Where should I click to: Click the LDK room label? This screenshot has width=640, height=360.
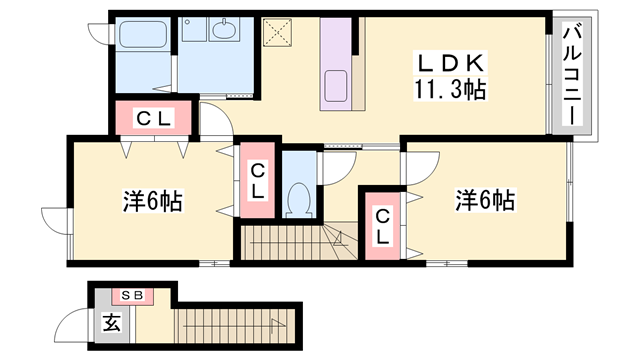(450, 63)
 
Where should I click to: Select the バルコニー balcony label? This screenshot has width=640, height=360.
(572, 74)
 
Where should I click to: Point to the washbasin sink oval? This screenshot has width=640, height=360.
(224, 29)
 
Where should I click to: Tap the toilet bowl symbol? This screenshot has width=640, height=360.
(299, 200)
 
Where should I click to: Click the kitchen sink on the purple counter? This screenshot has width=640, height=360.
(336, 85)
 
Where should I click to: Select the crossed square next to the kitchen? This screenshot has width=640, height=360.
(277, 32)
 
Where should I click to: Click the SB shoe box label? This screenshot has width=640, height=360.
(133, 296)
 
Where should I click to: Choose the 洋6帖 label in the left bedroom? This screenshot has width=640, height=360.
(153, 200)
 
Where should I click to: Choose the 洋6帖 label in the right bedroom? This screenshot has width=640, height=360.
(485, 200)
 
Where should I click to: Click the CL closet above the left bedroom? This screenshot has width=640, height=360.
(153, 118)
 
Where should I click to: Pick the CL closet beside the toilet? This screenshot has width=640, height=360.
(257, 180)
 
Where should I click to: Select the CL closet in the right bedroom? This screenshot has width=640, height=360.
(382, 226)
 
